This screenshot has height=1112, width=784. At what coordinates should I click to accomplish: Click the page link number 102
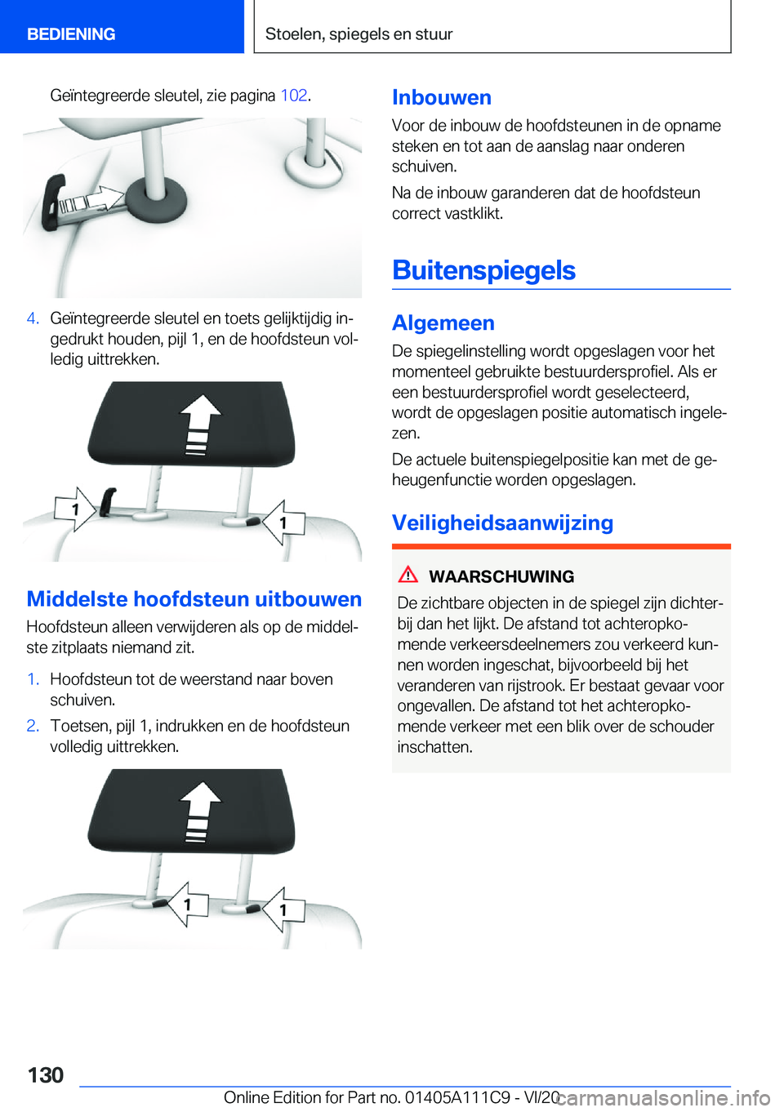(x=294, y=96)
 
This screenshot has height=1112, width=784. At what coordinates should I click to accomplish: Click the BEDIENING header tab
(x=71, y=34)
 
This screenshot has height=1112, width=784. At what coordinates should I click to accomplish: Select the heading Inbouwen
(x=442, y=98)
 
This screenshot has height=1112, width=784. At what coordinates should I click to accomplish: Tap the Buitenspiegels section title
(x=483, y=270)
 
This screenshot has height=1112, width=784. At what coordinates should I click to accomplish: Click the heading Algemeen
(x=443, y=323)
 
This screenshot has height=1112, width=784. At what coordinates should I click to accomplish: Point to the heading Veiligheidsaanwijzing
(x=502, y=523)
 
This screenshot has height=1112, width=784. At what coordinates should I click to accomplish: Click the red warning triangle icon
(x=408, y=575)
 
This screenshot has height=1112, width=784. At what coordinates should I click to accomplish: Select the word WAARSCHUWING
(x=501, y=576)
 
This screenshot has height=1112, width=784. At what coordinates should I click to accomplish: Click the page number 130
(x=46, y=1074)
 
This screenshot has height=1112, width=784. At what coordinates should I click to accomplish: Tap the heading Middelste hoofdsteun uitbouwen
(x=194, y=599)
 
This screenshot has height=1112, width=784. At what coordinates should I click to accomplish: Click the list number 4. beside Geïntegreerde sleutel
(x=33, y=318)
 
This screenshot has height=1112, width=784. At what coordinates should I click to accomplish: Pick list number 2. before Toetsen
(x=33, y=726)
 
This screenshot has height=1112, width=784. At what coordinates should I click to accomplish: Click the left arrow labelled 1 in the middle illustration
(x=73, y=509)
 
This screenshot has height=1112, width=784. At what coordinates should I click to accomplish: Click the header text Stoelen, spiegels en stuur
(x=359, y=34)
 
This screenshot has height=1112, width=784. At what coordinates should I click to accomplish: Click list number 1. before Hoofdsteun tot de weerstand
(x=33, y=679)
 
